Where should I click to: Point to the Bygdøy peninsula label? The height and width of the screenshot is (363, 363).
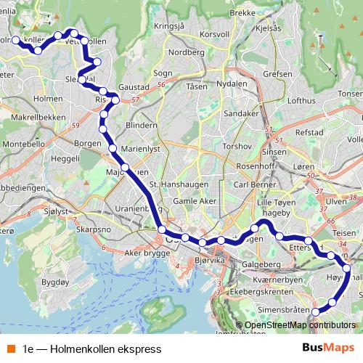(55, 280)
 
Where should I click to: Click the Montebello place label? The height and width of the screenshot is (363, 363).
(25, 144)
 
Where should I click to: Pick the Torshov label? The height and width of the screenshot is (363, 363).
(236, 146)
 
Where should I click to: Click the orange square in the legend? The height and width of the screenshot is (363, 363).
(10, 349)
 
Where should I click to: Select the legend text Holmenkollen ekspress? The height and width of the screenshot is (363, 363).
(91, 349)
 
